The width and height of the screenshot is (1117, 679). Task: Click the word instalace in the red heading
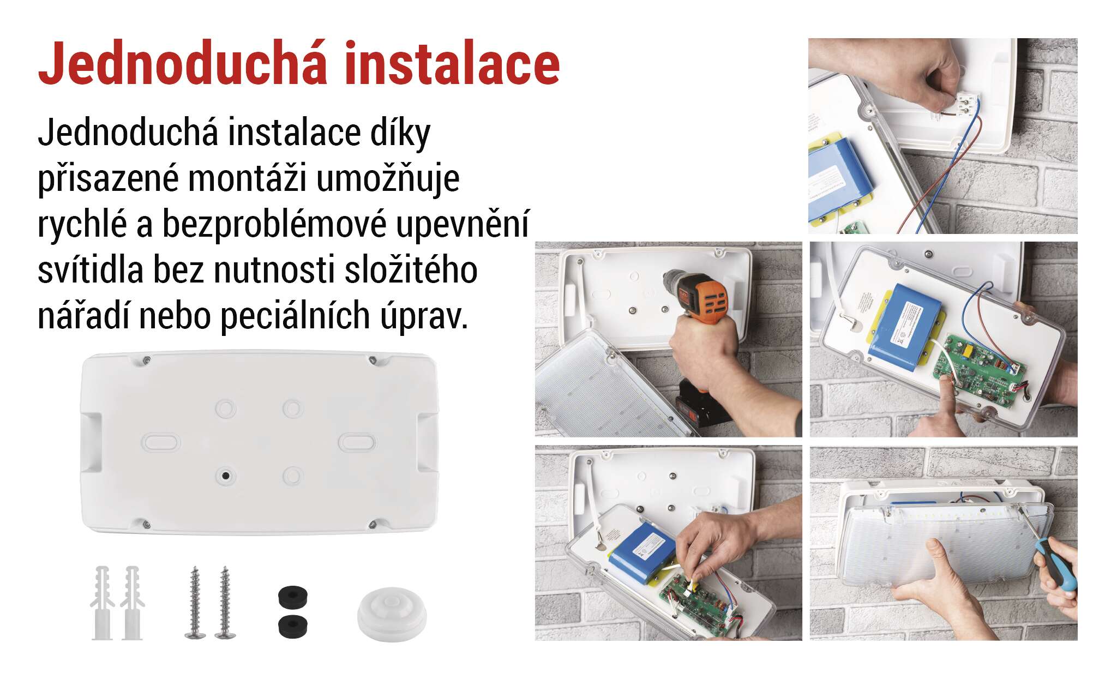coord(452,64)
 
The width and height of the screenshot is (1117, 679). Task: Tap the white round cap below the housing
coord(392,614)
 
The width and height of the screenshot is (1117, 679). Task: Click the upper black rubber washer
coord(292,596)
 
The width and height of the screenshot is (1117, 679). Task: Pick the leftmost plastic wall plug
coord(101,603)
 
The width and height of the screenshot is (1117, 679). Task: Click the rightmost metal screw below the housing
coord(224,603)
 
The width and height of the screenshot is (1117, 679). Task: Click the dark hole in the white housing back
coord(224,476)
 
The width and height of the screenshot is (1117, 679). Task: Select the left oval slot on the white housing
coord(160,442)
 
